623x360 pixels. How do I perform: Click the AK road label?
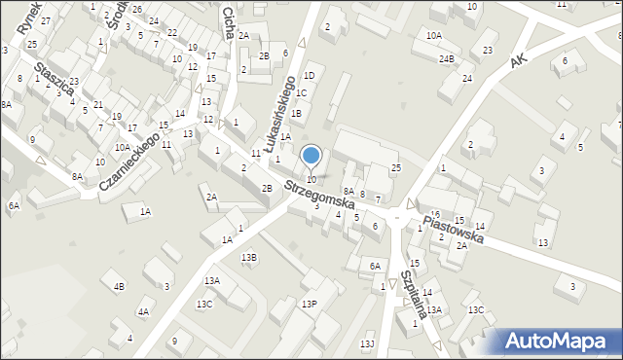click(x=519, y=60)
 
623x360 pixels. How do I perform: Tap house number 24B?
click(x=446, y=58)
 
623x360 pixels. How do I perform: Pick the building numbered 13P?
click(x=309, y=305)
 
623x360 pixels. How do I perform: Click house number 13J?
click(x=366, y=343)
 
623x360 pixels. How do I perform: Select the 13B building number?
click(x=249, y=257)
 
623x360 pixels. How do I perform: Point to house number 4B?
click(x=119, y=286)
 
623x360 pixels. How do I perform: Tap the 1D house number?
click(x=309, y=75)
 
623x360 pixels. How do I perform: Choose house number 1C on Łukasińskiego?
click(x=302, y=93)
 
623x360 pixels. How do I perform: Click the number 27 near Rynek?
click(x=45, y=20)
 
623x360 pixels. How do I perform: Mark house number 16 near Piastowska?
click(x=436, y=214)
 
